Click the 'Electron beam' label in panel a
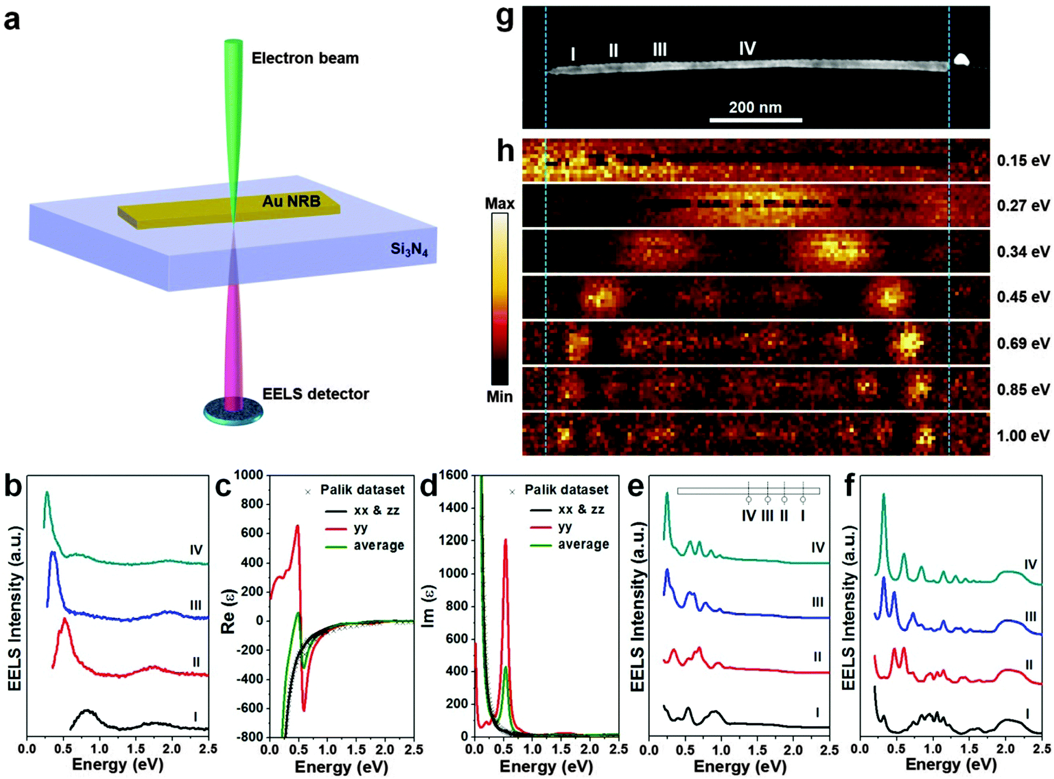point(305,58)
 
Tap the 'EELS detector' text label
point(315,394)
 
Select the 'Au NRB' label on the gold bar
point(291,201)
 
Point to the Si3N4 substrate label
point(409,249)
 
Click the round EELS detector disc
point(233,411)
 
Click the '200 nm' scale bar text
point(755,107)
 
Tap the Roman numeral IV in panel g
point(747,48)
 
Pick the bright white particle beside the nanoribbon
point(961,60)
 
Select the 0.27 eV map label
point(1023,206)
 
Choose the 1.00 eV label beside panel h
point(1023,435)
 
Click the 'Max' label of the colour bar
point(500,204)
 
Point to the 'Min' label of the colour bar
point(500,397)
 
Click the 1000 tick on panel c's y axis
point(248,475)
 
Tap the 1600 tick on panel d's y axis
point(453,475)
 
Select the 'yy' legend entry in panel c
point(361,528)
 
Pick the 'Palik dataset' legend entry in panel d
point(566,489)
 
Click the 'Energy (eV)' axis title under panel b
point(118,764)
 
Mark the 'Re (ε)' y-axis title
point(228,611)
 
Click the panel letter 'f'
point(849,485)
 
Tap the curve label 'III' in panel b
point(196,605)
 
